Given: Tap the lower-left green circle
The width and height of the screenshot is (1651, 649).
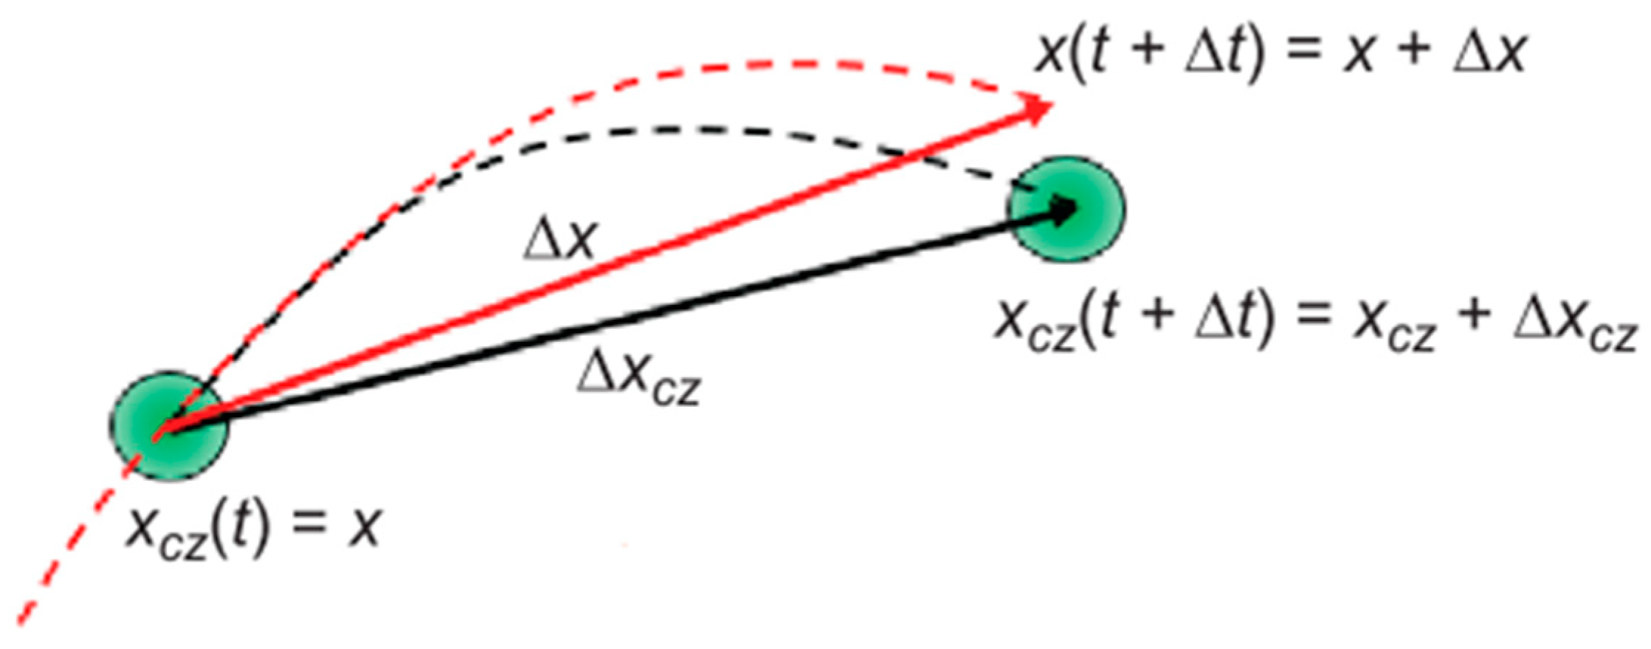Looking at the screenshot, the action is click(x=169, y=427).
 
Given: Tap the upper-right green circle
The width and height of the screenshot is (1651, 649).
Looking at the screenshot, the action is click(x=1066, y=209).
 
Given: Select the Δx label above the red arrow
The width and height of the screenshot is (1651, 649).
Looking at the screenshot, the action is click(x=559, y=240).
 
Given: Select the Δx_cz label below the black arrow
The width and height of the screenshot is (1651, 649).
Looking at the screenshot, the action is click(x=638, y=377).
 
